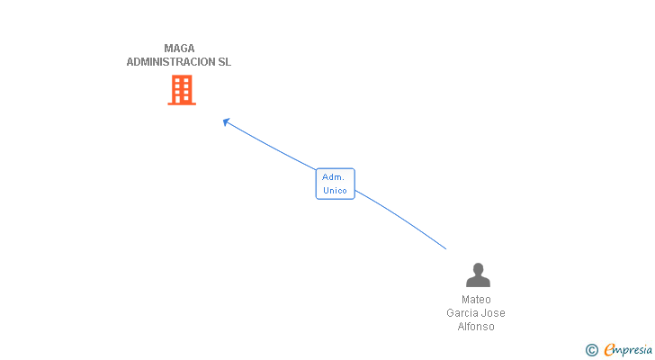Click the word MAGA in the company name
coord(179,49)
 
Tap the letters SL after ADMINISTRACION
coord(224,62)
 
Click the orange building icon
coord(182,90)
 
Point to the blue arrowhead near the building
coord(226,121)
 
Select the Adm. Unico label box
coord(335,184)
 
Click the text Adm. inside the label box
coord(334,177)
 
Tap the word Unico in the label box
coord(335,191)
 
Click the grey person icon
coord(478,274)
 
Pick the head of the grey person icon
coord(478,268)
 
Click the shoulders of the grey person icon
coord(478,282)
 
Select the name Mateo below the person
coord(476,300)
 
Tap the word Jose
coord(494,313)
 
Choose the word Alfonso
coord(476,327)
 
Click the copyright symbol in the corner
coord(591,350)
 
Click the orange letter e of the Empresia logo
coord(609,350)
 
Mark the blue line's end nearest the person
coord(445,248)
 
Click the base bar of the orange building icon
coord(182,103)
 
